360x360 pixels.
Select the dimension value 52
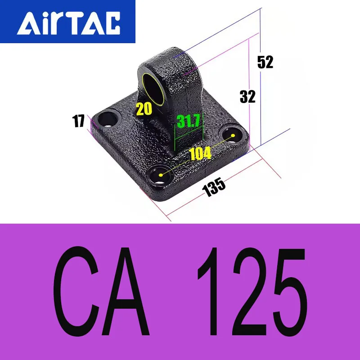(x=265, y=62)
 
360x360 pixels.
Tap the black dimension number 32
(x=247, y=96)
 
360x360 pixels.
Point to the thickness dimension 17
(x=79, y=121)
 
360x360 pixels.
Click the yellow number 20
(x=144, y=109)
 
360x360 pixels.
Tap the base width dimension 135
(x=214, y=185)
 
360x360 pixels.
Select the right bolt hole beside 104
(x=233, y=135)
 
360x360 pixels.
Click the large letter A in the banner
(x=126, y=291)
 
